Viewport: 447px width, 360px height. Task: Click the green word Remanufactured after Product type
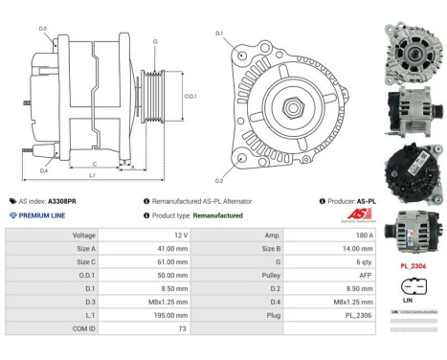tap(217, 215)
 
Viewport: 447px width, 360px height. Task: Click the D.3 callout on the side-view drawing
tap(44, 29)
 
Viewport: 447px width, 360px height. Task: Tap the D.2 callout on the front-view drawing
tap(219, 179)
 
